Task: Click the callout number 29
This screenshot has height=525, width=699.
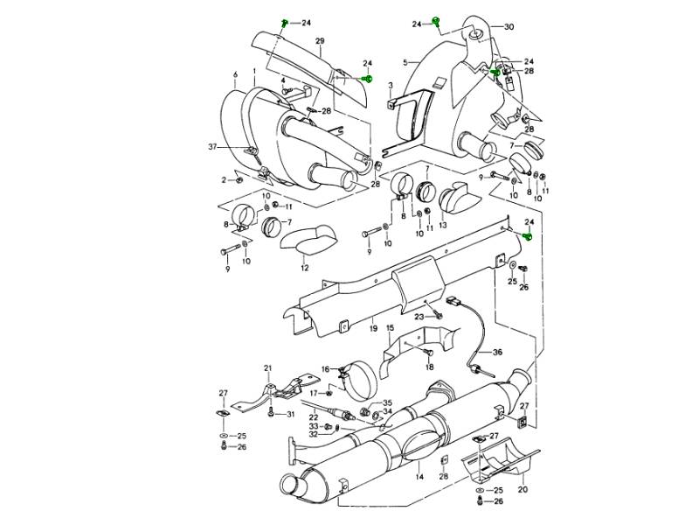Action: [320, 42]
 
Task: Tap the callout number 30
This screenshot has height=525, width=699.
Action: [509, 27]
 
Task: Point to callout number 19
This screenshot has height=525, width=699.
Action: [372, 330]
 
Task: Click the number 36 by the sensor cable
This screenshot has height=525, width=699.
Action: [497, 353]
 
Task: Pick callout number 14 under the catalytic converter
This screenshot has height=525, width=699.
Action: [419, 477]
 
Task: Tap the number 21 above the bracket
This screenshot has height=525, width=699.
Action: [268, 368]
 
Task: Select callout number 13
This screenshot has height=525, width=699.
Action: [443, 225]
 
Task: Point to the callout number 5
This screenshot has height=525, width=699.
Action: [405, 62]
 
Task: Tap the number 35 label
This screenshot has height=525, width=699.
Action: [388, 402]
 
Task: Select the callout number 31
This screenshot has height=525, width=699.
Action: [291, 414]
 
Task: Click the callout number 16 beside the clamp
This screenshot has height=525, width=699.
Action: [325, 370]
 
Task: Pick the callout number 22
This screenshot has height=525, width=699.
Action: [313, 418]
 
